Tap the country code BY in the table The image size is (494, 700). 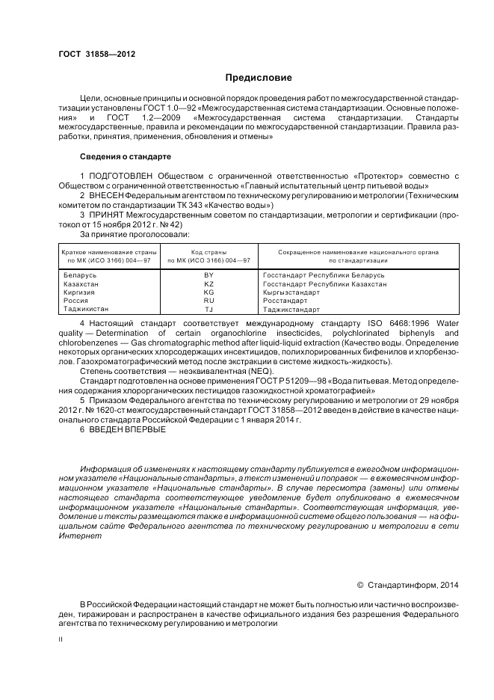(x=209, y=275)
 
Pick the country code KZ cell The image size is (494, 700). (x=209, y=284)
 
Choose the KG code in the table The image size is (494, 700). (x=209, y=292)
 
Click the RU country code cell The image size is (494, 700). (x=209, y=301)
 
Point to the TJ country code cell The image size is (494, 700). (x=209, y=309)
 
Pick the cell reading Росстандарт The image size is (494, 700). (x=286, y=301)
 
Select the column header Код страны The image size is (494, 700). (x=209, y=253)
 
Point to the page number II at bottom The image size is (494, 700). (x=61, y=639)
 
